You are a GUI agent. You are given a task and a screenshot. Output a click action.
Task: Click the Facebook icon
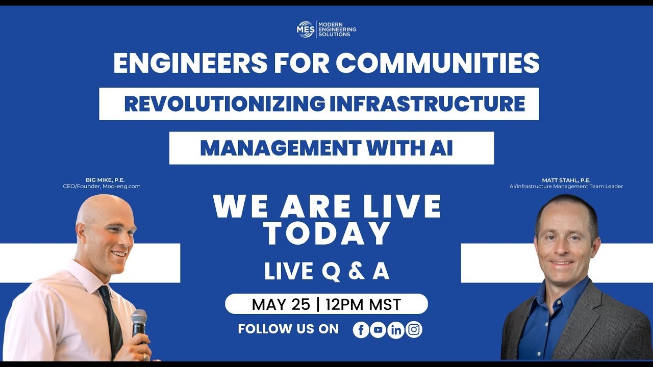coord(361,330)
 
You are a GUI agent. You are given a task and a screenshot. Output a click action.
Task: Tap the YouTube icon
coord(378,330)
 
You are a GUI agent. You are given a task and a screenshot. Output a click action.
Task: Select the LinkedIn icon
coord(396,330)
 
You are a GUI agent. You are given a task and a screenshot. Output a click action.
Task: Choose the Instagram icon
coord(414,330)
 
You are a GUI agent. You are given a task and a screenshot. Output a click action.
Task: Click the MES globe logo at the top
coord(306,29)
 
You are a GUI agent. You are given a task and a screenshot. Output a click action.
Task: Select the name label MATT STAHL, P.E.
coord(566,180)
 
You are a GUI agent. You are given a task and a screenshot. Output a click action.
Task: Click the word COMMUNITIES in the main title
coord(437,63)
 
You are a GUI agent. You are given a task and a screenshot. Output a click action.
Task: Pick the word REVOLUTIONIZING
coord(224,104)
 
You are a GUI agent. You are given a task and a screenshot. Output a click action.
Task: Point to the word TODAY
coord(327,233)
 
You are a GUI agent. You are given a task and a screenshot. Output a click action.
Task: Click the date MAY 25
coord(281,304)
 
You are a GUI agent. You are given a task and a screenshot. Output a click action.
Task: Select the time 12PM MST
coord(363,304)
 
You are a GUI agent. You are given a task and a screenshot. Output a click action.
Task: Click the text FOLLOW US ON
coord(288,329)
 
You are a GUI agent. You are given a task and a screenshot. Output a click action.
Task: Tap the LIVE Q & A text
coord(326,271)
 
